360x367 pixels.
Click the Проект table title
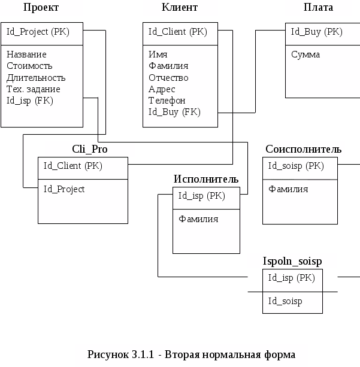click(x=41, y=8)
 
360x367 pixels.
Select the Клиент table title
click(x=180, y=8)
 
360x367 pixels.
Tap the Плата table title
click(x=319, y=8)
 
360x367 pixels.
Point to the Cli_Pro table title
click(x=90, y=149)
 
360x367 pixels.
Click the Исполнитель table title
click(x=206, y=179)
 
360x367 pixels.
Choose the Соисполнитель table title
click(x=304, y=149)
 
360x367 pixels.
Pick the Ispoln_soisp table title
click(x=292, y=261)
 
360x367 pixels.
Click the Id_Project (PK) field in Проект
click(x=38, y=32)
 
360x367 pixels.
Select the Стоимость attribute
click(x=29, y=66)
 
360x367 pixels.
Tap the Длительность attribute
click(x=36, y=77)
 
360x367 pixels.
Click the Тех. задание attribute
click(x=34, y=89)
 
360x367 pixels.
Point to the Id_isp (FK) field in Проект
click(x=30, y=100)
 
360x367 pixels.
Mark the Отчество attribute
click(x=168, y=77)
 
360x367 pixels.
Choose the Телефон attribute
click(x=167, y=100)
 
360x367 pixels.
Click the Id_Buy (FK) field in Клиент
click(x=174, y=111)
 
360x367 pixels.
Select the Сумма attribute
click(x=305, y=54)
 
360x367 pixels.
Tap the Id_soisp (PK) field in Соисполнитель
click(x=296, y=166)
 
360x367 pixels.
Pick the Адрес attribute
click(x=162, y=89)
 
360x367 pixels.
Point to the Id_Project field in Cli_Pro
click(x=64, y=189)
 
